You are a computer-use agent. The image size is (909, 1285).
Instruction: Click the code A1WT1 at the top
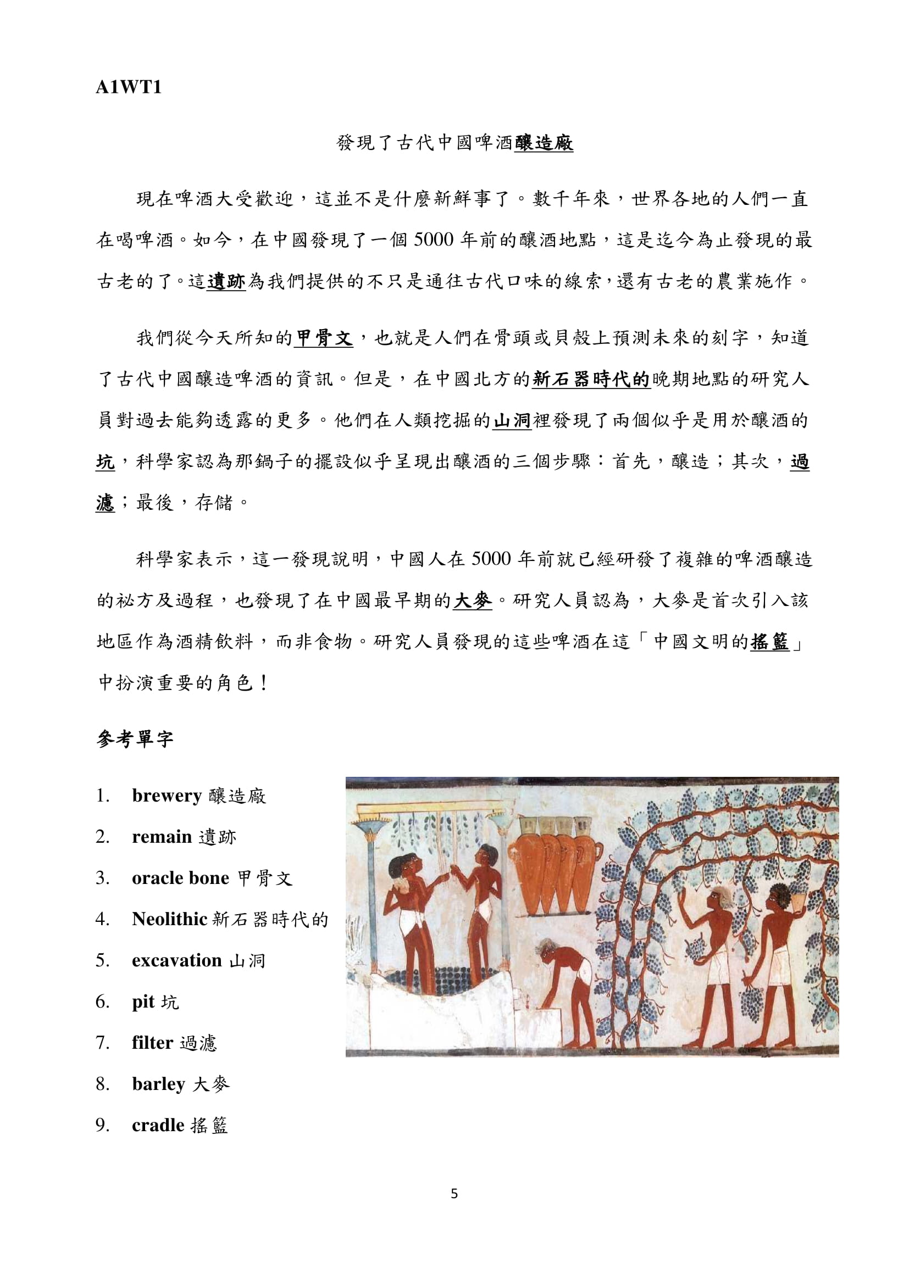click(128, 88)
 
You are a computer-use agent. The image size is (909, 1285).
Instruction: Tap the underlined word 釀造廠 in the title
click(544, 143)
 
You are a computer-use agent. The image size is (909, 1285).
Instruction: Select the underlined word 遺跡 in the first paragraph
click(226, 281)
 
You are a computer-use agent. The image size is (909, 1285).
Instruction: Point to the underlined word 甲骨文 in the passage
click(324, 338)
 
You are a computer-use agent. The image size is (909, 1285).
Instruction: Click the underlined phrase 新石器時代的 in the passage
click(591, 380)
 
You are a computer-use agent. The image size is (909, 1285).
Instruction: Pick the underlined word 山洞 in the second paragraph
click(512, 420)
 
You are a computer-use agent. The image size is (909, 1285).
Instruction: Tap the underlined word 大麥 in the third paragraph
click(473, 600)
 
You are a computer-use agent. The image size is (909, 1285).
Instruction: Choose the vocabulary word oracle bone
click(180, 877)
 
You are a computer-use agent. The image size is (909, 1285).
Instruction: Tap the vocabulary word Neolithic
click(170, 919)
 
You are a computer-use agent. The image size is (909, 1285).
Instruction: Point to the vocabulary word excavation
click(177, 960)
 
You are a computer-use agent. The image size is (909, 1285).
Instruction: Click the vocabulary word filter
click(152, 1043)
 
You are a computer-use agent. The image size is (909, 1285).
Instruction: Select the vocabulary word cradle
click(158, 1125)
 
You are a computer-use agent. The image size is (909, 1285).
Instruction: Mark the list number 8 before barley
click(102, 1084)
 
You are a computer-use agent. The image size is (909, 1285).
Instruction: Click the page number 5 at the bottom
click(454, 1194)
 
